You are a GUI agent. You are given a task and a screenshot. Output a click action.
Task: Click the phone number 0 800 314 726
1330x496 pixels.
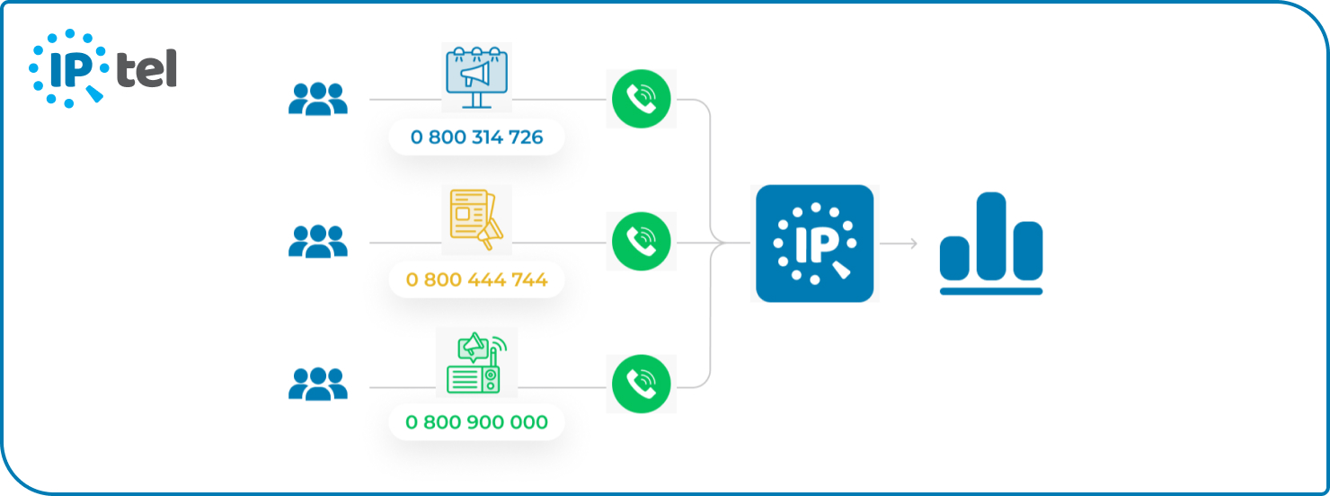[476, 137]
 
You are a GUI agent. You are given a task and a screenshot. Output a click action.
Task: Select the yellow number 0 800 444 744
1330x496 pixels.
[476, 279]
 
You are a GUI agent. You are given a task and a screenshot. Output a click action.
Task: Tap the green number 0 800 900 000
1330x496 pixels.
[476, 421]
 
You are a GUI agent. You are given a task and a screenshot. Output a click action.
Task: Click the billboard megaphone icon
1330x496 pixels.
[476, 77]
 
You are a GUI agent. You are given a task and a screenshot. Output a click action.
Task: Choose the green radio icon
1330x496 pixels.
[476, 363]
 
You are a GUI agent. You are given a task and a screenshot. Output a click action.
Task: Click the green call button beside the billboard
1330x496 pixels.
[641, 99]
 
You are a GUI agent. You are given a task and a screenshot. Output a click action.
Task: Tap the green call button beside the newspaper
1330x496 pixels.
[641, 242]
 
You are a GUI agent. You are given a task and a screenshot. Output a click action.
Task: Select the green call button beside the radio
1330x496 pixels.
[641, 384]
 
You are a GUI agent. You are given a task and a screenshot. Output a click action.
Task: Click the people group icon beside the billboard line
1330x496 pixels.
[317, 99]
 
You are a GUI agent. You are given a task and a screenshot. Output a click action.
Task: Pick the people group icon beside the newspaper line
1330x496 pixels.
[317, 242]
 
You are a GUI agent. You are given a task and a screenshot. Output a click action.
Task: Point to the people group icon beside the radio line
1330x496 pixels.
[317, 384]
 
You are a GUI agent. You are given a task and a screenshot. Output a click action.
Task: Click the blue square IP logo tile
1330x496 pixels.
[814, 243]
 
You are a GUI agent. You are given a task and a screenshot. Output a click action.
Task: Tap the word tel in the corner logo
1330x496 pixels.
[146, 69]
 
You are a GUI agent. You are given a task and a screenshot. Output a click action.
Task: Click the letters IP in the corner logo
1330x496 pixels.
[68, 68]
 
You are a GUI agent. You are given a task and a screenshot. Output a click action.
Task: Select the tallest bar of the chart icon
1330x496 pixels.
[991, 235]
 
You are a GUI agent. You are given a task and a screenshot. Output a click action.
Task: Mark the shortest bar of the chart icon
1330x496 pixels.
[954, 258]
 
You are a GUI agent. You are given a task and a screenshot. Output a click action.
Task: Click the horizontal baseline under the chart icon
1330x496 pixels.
[991, 291]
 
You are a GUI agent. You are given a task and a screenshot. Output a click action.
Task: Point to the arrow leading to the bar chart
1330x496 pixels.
[899, 243]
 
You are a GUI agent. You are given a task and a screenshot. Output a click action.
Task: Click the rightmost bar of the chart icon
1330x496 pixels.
[1028, 251]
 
